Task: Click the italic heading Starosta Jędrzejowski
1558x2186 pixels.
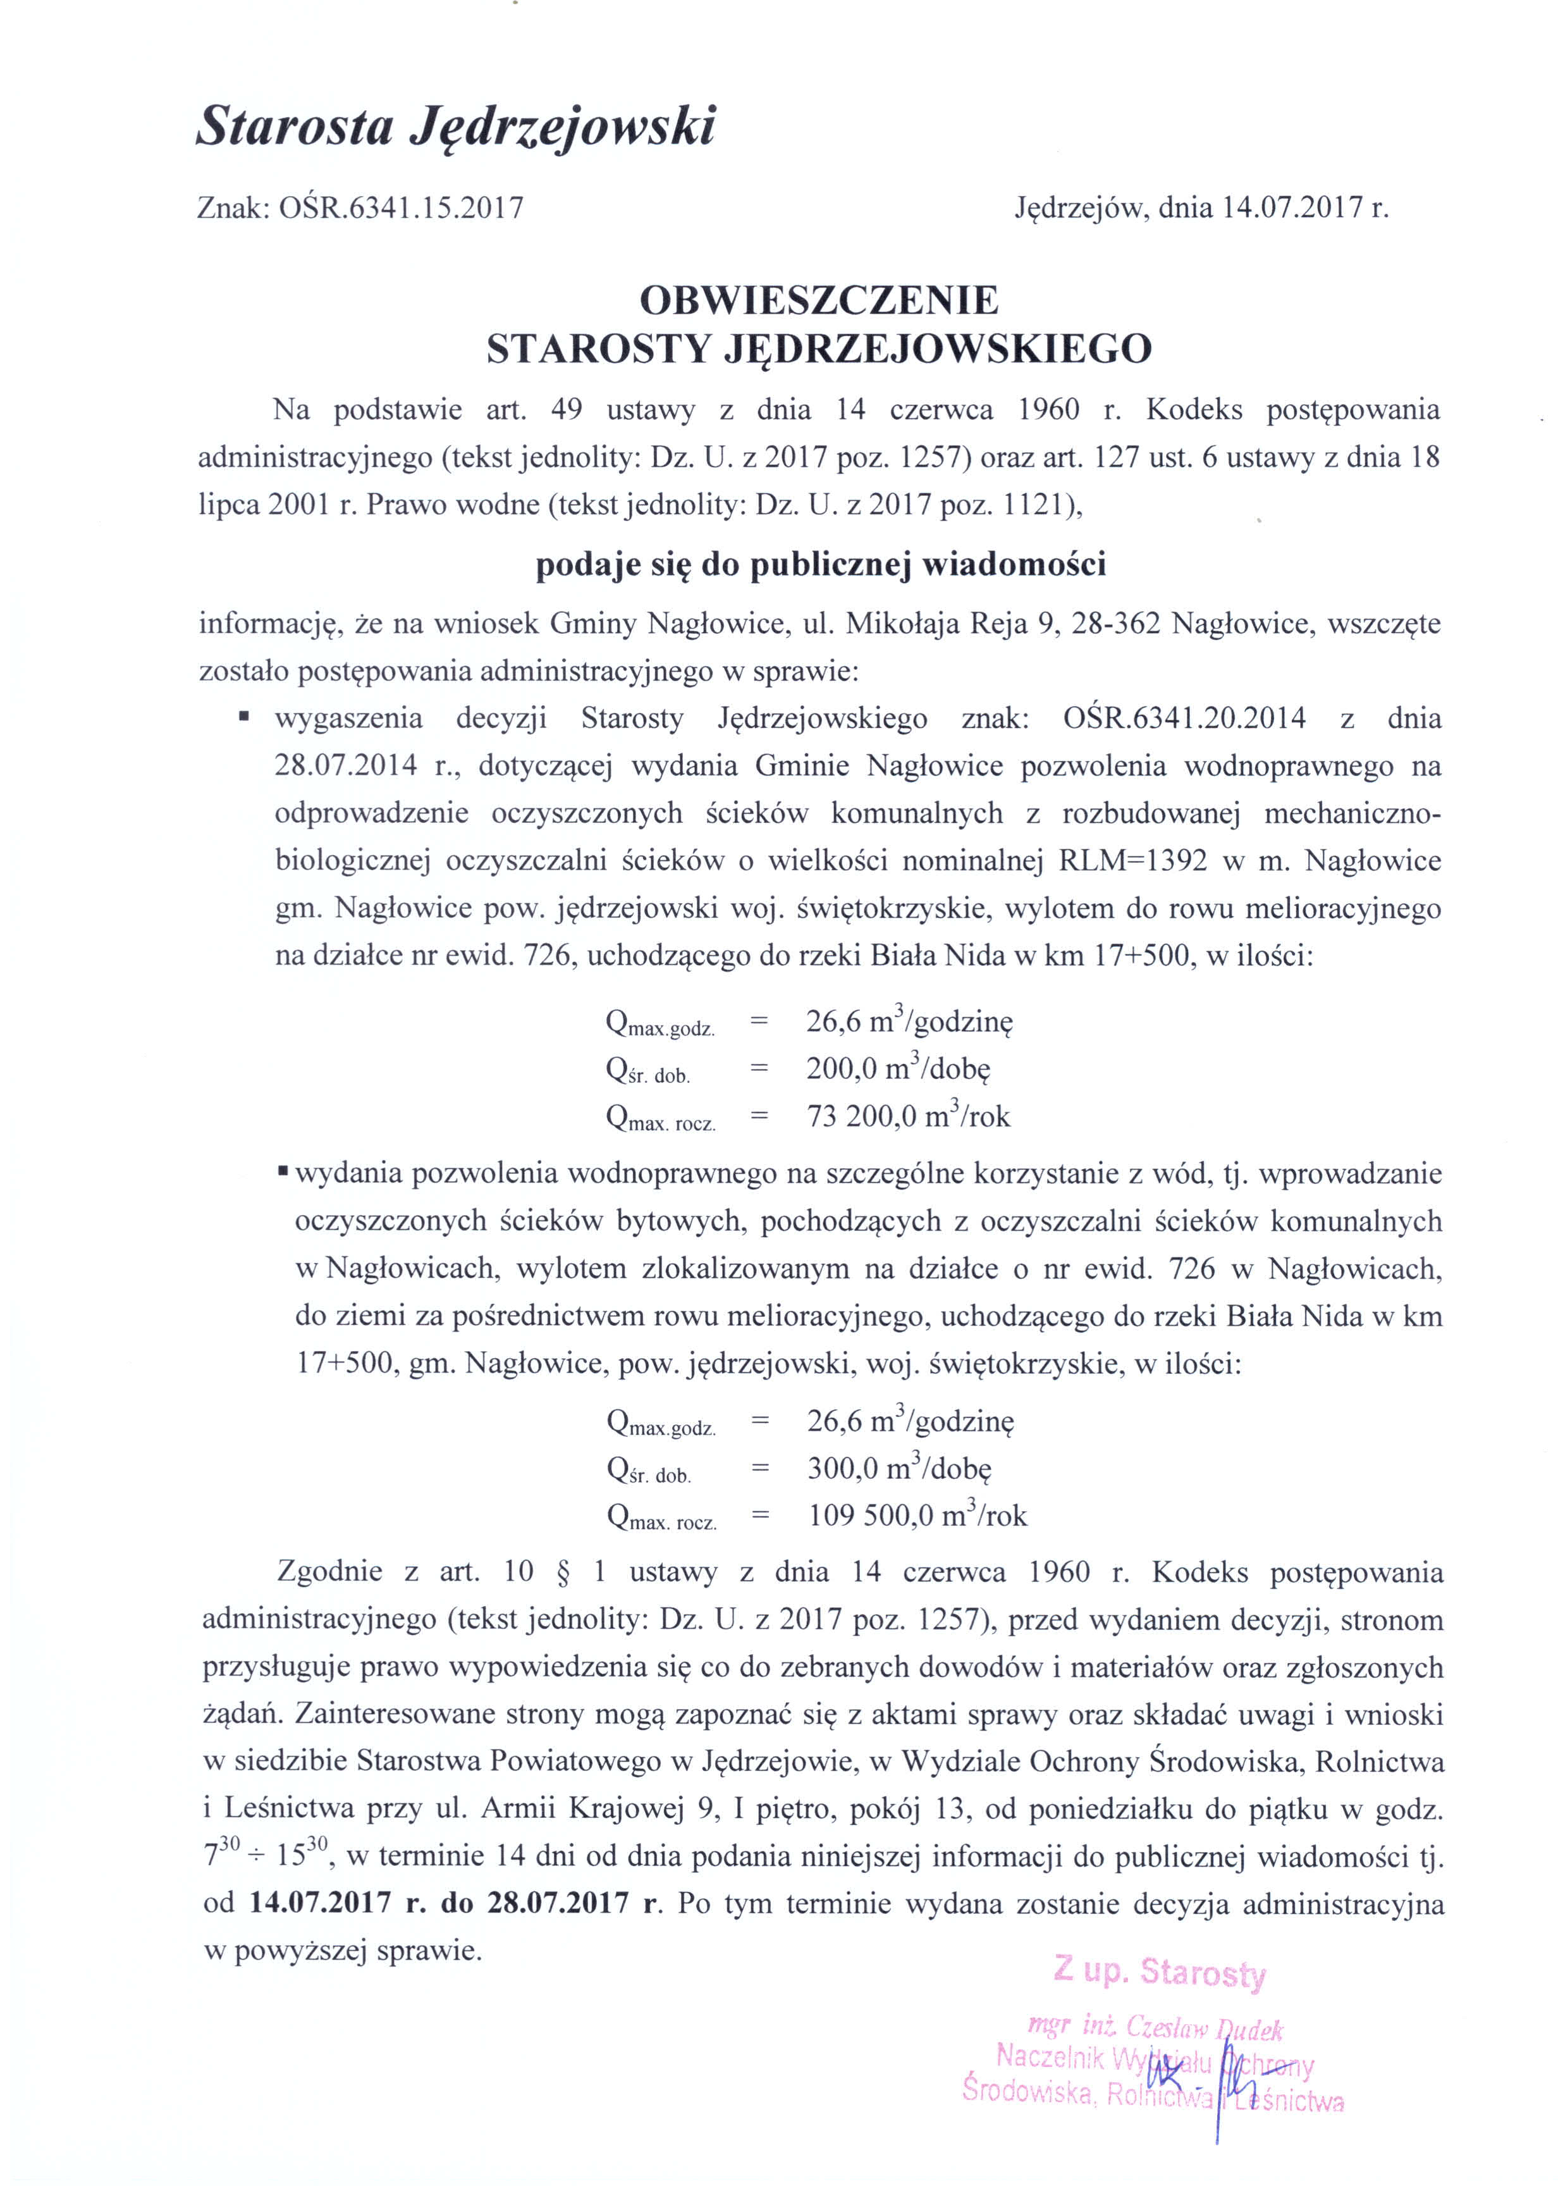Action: click(x=456, y=127)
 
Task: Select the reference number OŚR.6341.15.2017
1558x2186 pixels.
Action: click(x=401, y=208)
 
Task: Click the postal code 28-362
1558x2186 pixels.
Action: click(x=1116, y=625)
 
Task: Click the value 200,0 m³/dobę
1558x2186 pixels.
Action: click(x=898, y=1068)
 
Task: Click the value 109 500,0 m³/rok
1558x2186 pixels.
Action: click(x=917, y=1516)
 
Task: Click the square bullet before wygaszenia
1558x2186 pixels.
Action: click(x=245, y=716)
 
